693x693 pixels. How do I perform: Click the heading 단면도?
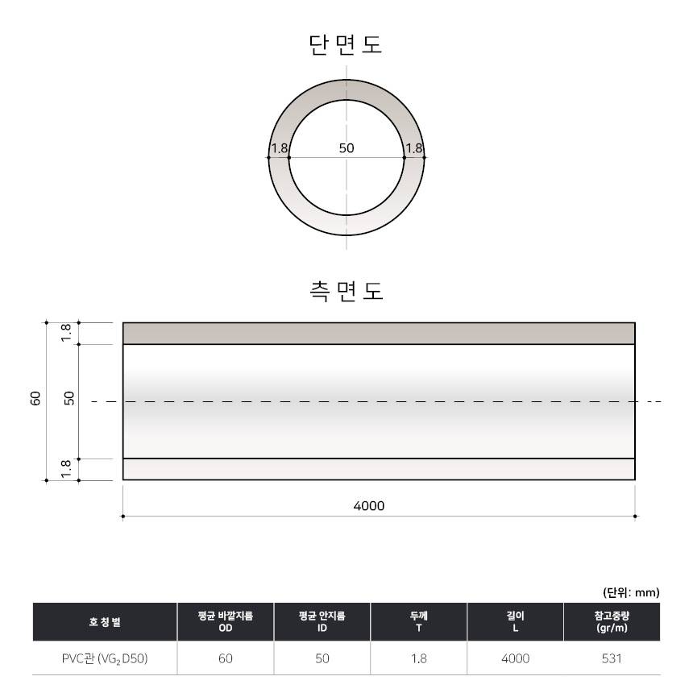click(346, 44)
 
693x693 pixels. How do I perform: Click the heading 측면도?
click(346, 291)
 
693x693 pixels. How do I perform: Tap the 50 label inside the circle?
click(346, 148)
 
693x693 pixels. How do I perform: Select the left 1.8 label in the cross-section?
click(280, 148)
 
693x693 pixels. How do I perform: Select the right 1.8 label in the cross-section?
click(414, 148)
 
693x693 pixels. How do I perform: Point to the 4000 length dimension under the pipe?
click(369, 505)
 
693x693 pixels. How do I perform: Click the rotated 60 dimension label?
click(35, 398)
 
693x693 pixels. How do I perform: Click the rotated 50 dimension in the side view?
click(69, 398)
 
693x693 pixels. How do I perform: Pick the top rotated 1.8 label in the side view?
click(66, 333)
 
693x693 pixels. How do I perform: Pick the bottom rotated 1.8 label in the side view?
click(66, 469)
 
